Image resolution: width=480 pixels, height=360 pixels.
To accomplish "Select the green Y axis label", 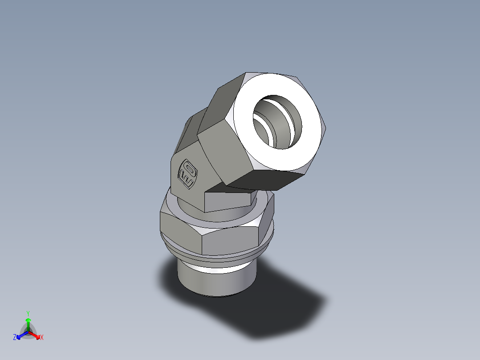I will [28, 313].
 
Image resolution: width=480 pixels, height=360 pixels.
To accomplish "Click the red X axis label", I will [42, 338].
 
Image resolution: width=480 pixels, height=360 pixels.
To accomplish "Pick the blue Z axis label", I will [15, 338].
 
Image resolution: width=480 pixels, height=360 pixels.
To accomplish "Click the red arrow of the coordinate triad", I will [35, 335].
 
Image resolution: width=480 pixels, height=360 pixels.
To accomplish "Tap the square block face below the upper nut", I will [227, 200].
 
